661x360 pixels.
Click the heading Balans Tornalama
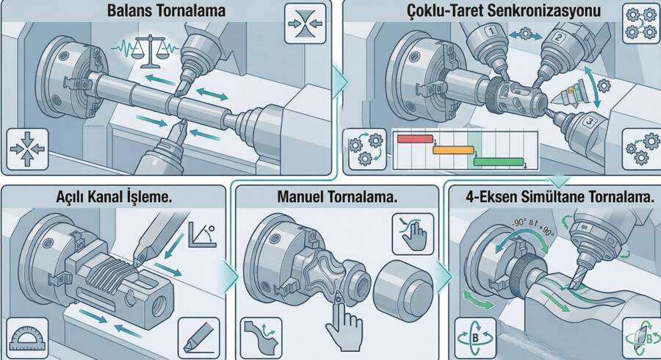(166, 10)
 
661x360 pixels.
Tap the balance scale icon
(150, 52)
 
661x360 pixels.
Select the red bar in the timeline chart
(415, 139)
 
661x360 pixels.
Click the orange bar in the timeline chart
(454, 150)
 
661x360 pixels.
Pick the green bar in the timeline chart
(499, 162)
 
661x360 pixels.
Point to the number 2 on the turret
(559, 37)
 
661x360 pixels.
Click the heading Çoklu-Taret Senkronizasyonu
(504, 10)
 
